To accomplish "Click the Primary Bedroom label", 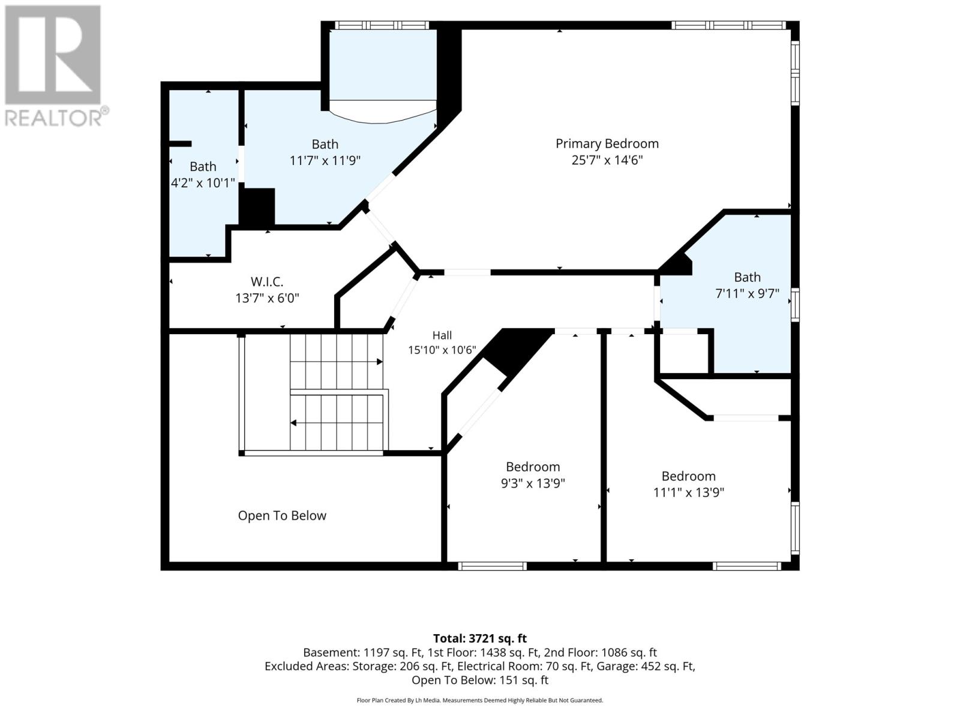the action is (607, 144).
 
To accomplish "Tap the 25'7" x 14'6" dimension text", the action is (607, 160).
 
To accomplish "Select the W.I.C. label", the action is (267, 281).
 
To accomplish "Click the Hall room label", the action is (442, 335).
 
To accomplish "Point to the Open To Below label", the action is (282, 515).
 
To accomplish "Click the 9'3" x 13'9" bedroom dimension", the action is (533, 483).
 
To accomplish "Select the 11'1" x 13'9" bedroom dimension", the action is (688, 492).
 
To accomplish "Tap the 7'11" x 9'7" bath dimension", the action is (747, 293).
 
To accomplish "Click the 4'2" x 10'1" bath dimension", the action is (202, 183).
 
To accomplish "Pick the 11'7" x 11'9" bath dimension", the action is (325, 160).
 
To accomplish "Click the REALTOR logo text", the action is (56, 118).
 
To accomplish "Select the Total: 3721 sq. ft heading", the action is (480, 638).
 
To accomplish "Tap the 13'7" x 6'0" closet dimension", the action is (267, 298).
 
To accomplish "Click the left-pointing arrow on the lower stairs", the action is (294, 423).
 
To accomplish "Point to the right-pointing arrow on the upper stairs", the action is (380, 362).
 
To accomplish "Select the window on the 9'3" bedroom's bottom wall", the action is (492, 566).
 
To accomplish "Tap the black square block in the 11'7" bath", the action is (257, 207).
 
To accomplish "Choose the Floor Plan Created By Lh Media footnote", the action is (480, 700).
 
